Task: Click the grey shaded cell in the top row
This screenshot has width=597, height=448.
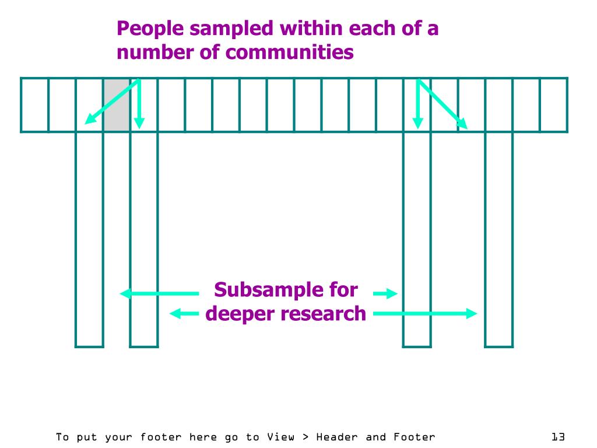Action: [x=117, y=105]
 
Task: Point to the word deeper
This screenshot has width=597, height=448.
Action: [x=240, y=314]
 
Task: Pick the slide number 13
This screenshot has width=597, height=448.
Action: [x=558, y=436]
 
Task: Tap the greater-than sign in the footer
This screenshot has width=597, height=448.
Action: [x=306, y=436]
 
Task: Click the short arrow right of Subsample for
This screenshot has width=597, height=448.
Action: [x=385, y=293]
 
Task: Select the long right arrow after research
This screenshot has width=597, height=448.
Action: [x=424, y=314]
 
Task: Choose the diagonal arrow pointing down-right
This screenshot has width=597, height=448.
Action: [x=441, y=103]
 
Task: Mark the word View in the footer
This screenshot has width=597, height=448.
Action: [x=281, y=436]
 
